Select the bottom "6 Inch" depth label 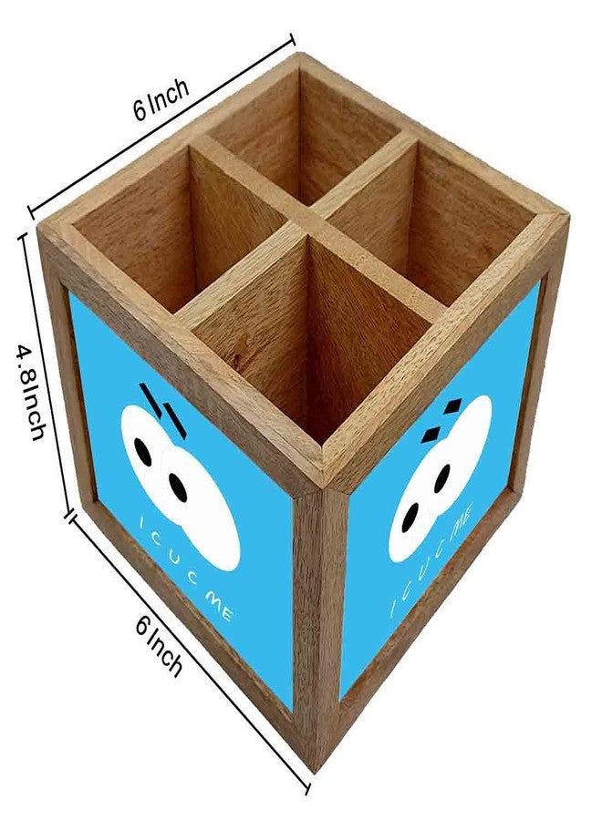(160, 645)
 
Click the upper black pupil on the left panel (142, 451)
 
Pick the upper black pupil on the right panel (441, 478)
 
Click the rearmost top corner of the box (299, 55)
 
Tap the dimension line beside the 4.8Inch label (47, 374)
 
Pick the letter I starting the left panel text (142, 523)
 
